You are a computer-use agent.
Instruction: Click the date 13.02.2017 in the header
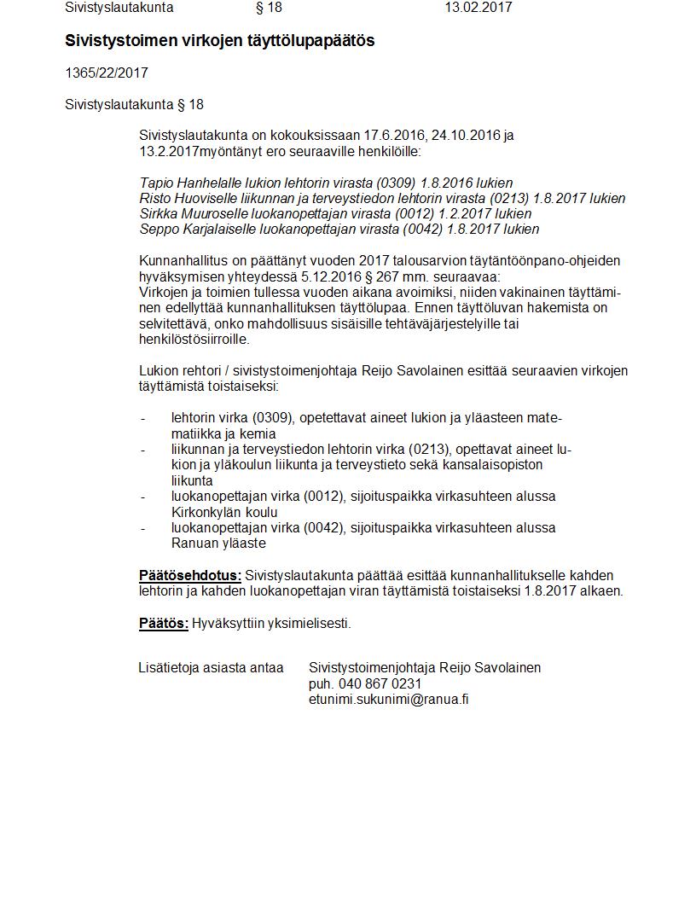pyautogui.click(x=478, y=8)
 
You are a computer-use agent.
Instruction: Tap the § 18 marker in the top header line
pyautogui.click(x=269, y=8)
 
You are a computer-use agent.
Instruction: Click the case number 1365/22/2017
pyautogui.click(x=107, y=73)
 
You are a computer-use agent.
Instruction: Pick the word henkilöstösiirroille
pyautogui.click(x=194, y=339)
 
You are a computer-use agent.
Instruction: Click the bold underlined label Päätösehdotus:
pyautogui.click(x=190, y=575)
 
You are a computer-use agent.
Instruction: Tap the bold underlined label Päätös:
pyautogui.click(x=164, y=623)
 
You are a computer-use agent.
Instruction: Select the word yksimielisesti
pyautogui.click(x=309, y=623)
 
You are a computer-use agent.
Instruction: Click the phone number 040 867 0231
pyautogui.click(x=379, y=683)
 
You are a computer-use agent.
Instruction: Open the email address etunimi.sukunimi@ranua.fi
pyautogui.click(x=389, y=699)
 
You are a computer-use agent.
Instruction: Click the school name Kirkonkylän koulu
pyautogui.click(x=224, y=512)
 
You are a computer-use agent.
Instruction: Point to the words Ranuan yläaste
pyautogui.click(x=218, y=543)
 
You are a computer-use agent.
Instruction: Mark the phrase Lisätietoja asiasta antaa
pyautogui.click(x=211, y=667)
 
